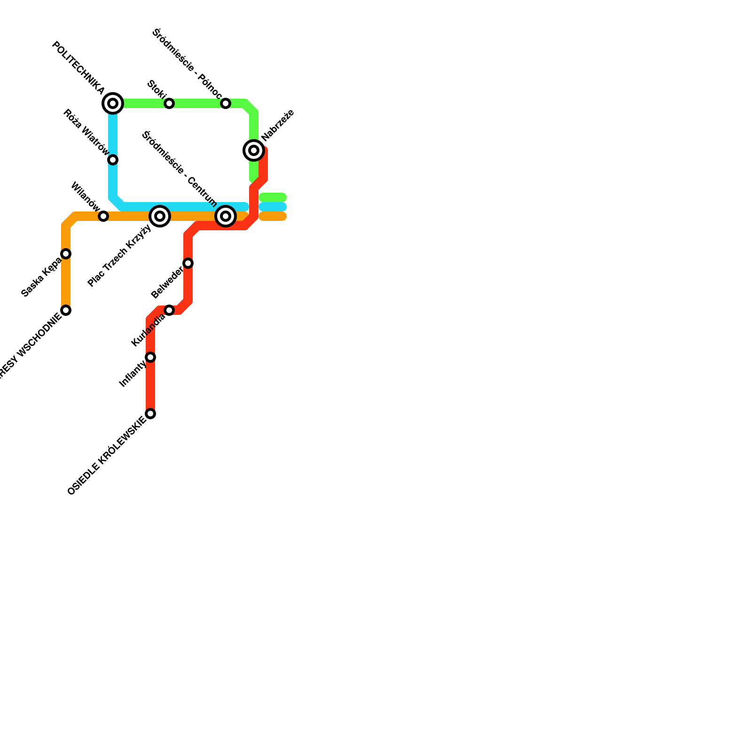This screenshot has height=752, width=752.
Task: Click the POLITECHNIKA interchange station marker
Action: (x=113, y=103)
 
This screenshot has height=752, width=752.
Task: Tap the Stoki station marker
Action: (x=169, y=103)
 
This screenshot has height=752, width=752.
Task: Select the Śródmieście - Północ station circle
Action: (x=226, y=103)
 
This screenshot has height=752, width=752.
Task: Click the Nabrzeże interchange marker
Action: (x=254, y=150)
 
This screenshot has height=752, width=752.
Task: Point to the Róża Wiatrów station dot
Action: (x=113, y=160)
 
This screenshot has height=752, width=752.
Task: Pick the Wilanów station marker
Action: (x=103, y=216)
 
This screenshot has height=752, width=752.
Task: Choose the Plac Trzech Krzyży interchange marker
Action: (x=160, y=216)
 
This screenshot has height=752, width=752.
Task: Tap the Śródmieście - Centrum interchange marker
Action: (x=226, y=216)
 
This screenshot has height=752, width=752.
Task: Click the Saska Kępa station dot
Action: (x=66, y=254)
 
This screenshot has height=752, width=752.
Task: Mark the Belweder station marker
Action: (x=188, y=263)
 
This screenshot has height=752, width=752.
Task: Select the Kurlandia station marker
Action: (x=169, y=310)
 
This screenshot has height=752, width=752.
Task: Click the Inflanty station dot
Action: (x=150, y=357)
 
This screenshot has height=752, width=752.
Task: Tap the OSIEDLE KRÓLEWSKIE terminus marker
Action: (x=150, y=414)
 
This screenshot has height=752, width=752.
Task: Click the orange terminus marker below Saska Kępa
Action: (x=66, y=310)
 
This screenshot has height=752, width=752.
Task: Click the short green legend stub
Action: (x=273, y=197)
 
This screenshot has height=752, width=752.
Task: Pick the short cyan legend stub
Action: (x=273, y=207)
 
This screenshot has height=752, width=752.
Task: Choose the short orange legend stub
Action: (x=273, y=216)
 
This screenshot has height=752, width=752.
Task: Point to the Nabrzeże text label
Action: (x=278, y=125)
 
